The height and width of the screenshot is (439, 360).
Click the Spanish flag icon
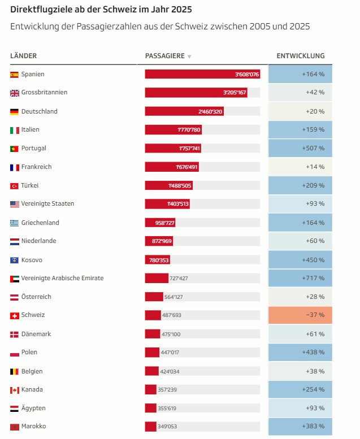[15, 75]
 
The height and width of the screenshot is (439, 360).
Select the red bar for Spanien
[202, 75]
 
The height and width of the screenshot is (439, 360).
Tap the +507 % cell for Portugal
[300, 149]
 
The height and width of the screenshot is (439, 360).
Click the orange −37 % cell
[300, 315]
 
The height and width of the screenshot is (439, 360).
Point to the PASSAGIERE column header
[164, 56]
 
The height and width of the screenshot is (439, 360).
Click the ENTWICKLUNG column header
[300, 56]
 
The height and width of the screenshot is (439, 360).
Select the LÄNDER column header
[24, 56]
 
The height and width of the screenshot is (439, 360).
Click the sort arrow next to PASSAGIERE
[189, 56]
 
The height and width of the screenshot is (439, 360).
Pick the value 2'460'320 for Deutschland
[210, 112]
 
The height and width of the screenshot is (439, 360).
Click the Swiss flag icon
[15, 315]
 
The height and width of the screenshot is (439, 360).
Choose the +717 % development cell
[300, 279]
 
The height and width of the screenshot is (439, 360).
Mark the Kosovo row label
[32, 260]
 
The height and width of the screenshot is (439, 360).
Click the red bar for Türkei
[168, 185]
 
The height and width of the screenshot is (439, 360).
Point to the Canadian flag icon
[15, 390]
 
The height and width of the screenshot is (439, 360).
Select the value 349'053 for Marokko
[168, 427]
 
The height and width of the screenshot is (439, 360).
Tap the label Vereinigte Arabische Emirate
[62, 279]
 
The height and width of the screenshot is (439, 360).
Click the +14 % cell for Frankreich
[300, 167]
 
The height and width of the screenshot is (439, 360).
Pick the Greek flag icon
[15, 223]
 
